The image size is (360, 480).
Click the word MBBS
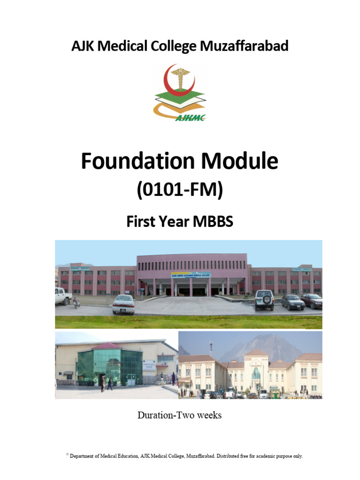pyautogui.click(x=213, y=221)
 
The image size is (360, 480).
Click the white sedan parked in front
pyautogui.click(x=123, y=304)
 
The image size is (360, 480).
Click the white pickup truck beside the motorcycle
pyautogui.click(x=62, y=296)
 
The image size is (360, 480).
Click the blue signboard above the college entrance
pyautogui.click(x=191, y=275)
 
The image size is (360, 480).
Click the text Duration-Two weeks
pyautogui.click(x=180, y=415)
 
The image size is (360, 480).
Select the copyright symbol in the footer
pyautogui.click(x=67, y=454)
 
